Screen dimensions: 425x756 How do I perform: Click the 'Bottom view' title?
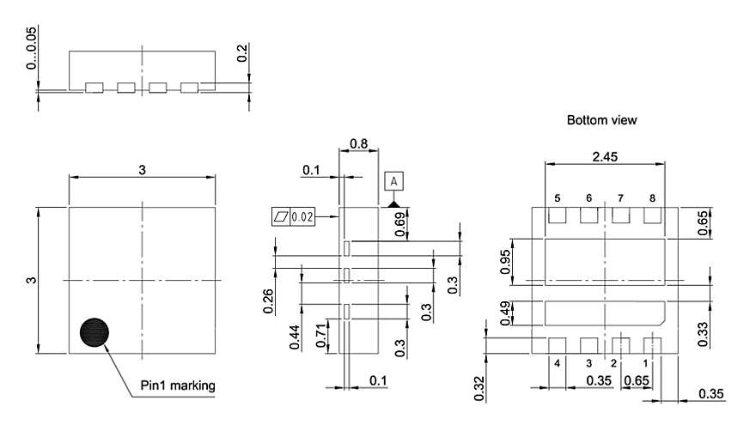[601, 120]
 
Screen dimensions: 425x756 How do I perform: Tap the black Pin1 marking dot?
[95, 332]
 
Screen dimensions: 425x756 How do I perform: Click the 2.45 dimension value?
[606, 157]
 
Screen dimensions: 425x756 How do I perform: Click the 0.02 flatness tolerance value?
[304, 216]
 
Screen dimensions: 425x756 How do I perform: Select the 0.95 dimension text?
[506, 260]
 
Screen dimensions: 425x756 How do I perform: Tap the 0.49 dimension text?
[506, 311]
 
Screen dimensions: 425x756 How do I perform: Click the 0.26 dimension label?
[269, 301]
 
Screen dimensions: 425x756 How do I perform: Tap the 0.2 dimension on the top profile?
[242, 53]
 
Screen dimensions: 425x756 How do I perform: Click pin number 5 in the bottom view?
[557, 198]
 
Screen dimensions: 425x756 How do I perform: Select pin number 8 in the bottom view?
[652, 198]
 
